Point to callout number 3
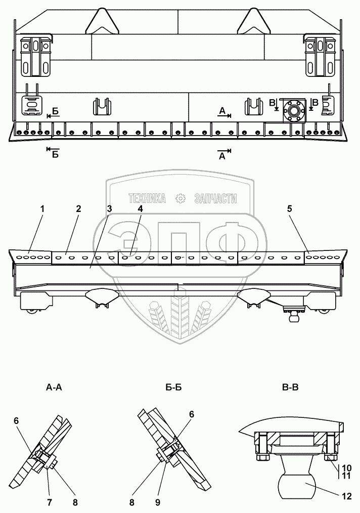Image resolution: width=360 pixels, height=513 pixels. (x=109, y=208)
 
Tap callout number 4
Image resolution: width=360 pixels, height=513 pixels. (x=141, y=208)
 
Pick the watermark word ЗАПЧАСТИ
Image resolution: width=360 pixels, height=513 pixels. (x=216, y=199)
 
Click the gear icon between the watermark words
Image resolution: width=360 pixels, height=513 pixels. (x=181, y=199)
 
